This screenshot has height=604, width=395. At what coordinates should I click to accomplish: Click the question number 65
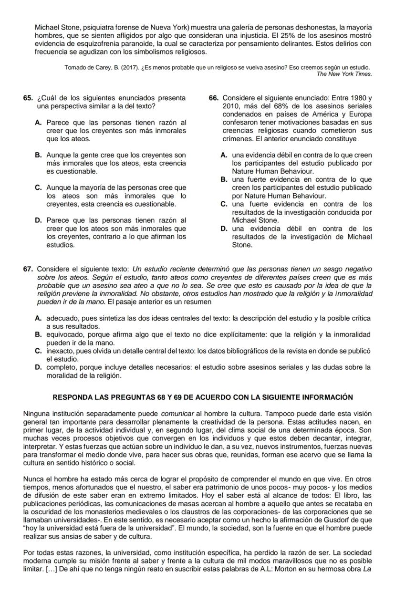[x=27, y=98]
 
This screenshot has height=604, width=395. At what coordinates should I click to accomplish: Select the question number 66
[x=214, y=98]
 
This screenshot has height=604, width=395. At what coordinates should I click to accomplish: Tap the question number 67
[x=28, y=270]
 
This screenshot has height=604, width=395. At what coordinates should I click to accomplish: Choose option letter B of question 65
[x=38, y=155]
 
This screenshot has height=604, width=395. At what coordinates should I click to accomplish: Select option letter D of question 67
[x=38, y=367]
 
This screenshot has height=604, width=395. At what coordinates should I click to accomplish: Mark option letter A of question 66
[x=224, y=155]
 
